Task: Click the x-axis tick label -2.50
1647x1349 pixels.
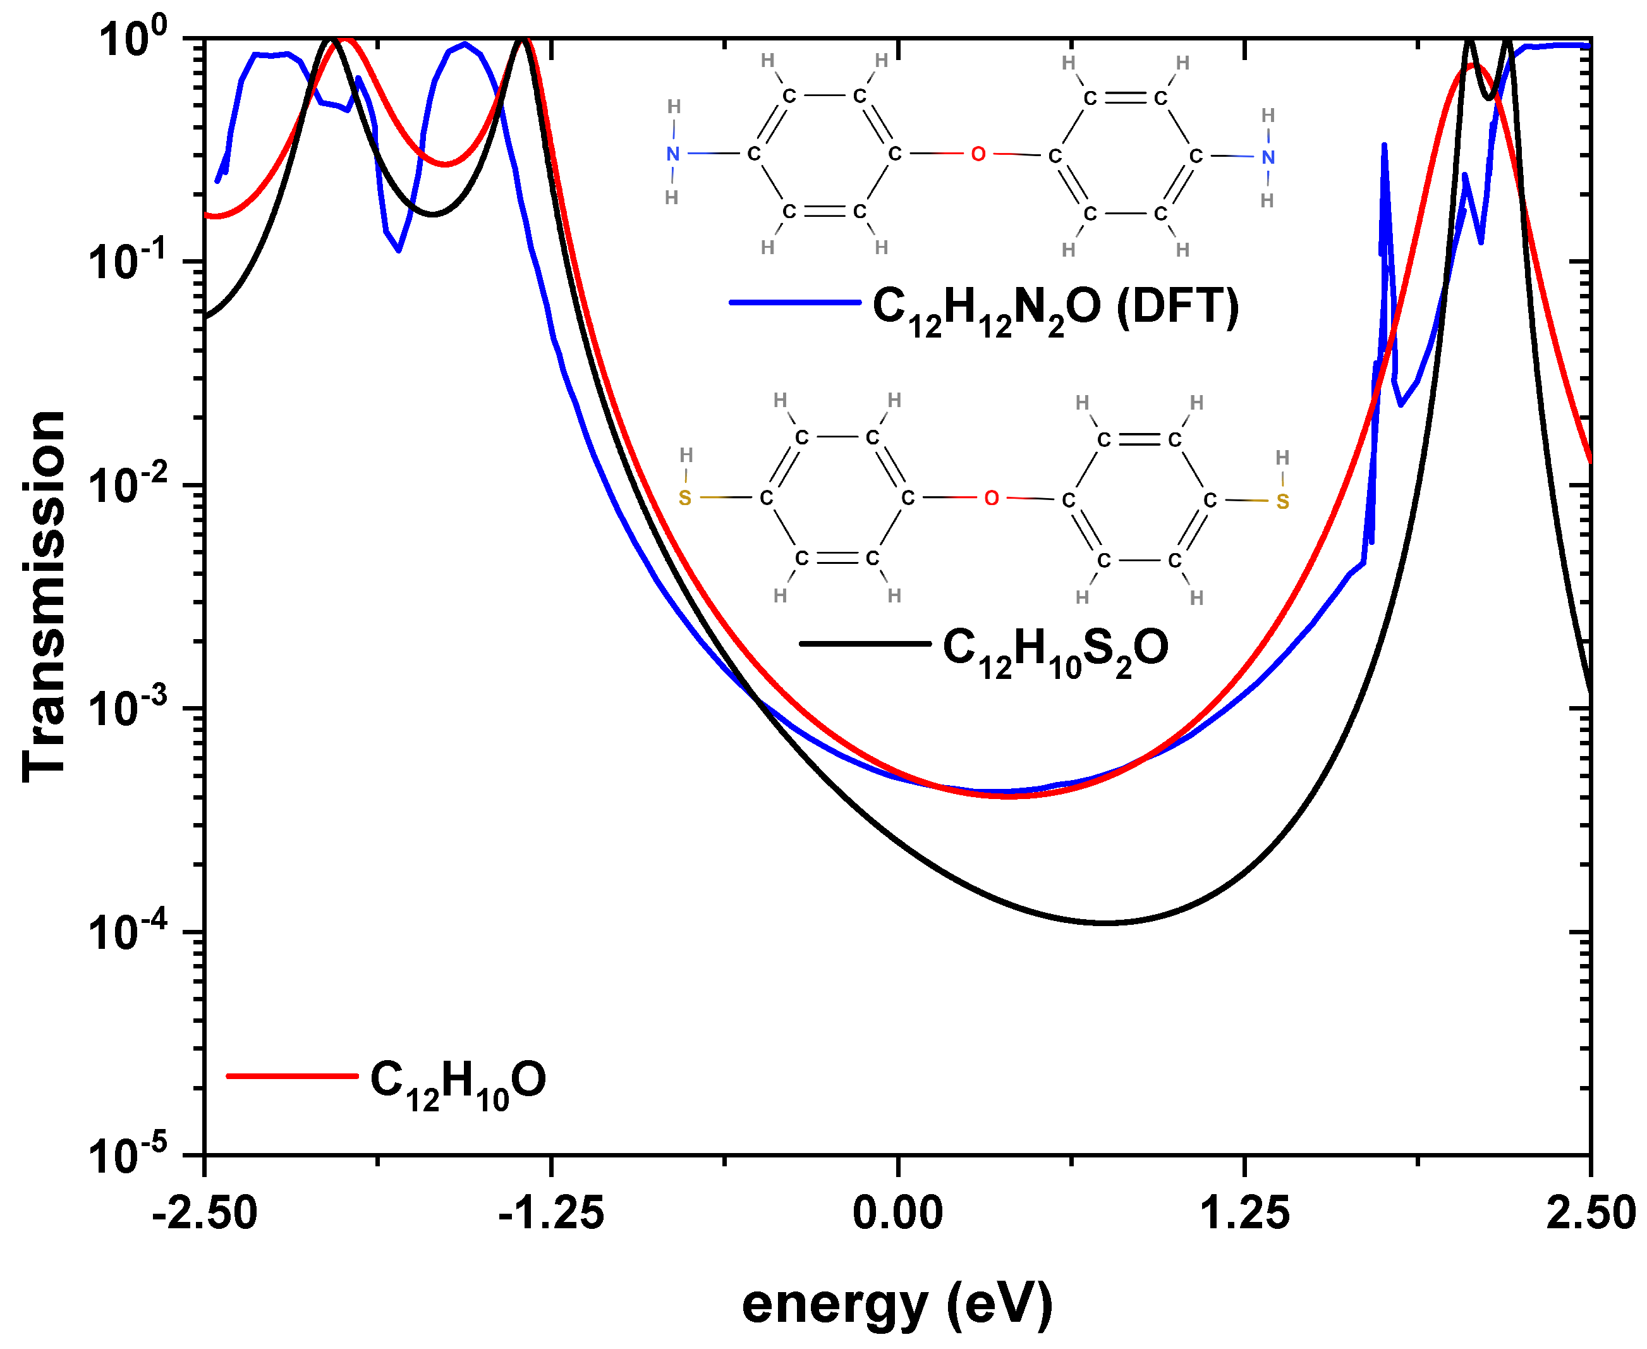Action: [x=204, y=1212]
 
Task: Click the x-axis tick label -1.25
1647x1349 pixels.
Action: [x=551, y=1212]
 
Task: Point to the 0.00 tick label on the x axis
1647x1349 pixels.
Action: [x=897, y=1212]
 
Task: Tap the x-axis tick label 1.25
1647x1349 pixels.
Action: [x=1244, y=1212]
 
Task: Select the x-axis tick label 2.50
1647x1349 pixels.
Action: [x=1590, y=1212]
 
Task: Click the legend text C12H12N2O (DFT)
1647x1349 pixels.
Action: [x=1055, y=309]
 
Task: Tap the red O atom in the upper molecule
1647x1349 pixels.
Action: [x=978, y=154]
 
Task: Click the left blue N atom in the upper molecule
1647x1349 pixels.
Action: [x=673, y=154]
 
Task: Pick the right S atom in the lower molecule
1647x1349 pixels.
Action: [x=1282, y=502]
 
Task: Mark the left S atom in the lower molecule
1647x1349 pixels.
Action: [x=684, y=498]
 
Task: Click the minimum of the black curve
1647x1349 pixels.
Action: [x=1105, y=922]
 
